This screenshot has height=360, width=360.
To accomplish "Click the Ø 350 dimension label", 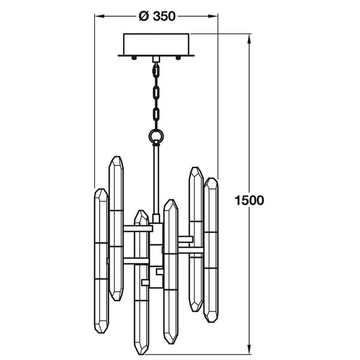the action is coord(157,16).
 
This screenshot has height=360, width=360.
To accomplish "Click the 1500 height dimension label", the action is coord(249,200).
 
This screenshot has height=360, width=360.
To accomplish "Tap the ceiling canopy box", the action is coord(156,44).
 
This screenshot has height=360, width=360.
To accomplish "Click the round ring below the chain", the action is coord(156,136).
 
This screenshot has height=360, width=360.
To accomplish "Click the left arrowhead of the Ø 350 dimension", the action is coord(100,16).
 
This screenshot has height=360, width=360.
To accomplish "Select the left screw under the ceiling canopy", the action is coord(134,58).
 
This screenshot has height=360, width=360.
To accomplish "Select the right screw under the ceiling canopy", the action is coord(178,58).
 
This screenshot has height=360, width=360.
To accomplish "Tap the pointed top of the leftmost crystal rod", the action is coord(101,189).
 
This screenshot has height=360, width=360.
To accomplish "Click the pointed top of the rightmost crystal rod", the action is coord(211,178).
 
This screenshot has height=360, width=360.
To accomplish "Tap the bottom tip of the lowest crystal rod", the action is coord(141,354).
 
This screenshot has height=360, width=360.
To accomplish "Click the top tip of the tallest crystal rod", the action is coord(116,157).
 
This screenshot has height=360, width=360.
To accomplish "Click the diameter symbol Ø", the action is coord(144,16).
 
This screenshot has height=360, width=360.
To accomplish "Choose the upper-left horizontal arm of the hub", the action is coord(138,229).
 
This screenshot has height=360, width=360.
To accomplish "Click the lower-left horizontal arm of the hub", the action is coord(136,261).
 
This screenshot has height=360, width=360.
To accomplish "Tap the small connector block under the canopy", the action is coord(156,59).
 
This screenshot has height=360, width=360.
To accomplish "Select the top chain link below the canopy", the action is coord(156,70).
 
